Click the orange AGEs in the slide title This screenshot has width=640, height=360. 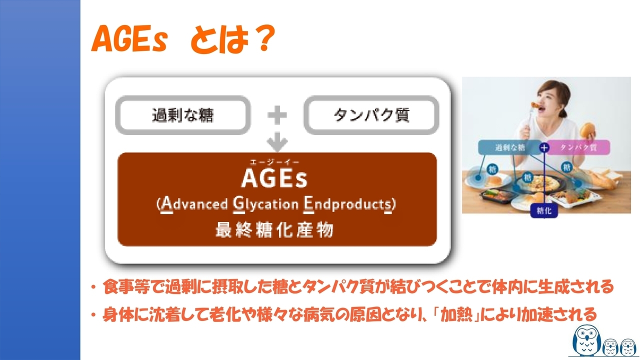[129, 39]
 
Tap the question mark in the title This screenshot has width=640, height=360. [263, 38]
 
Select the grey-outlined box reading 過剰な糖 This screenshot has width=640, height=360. [183, 115]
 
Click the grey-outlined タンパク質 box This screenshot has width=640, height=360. [371, 115]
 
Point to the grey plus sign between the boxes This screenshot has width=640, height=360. [277, 115]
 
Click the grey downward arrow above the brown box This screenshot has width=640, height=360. [277, 141]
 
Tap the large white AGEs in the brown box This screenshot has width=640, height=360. [274, 178]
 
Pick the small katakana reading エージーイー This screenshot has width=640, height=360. [274, 162]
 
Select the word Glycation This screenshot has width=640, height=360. [265, 204]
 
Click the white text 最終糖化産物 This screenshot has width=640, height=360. [274, 229]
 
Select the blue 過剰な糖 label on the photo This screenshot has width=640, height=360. [510, 147]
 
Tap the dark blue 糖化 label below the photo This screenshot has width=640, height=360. [544, 211]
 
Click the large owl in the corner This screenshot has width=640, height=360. [586, 340]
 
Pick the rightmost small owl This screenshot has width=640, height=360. [628, 347]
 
